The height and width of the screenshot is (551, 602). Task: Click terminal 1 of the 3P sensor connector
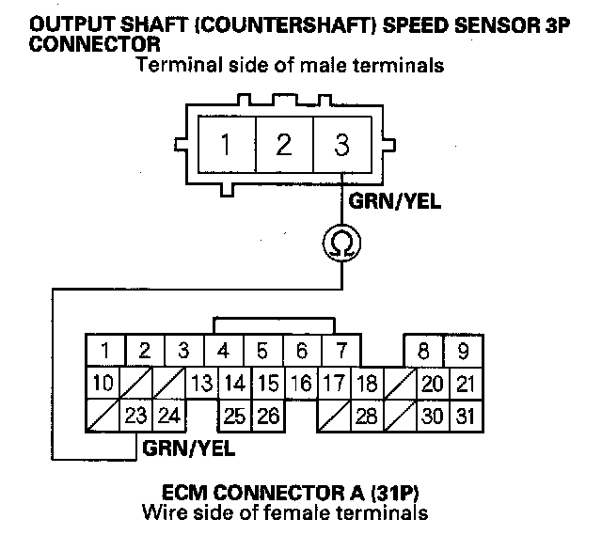tap(226, 146)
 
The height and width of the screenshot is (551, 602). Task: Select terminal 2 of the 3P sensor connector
tap(283, 146)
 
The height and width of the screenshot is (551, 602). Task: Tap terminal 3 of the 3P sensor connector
tap(341, 146)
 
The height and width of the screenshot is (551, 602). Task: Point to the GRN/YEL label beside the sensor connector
tap(395, 201)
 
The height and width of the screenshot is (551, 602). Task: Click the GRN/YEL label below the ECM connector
tap(189, 447)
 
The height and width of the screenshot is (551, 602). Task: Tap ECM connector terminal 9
tap(463, 353)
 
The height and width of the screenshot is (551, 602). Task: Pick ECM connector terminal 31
tap(463, 414)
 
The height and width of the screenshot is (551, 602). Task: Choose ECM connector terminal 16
tap(301, 384)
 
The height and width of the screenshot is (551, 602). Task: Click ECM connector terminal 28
tap(367, 414)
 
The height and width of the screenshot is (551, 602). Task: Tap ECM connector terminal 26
tap(269, 414)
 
